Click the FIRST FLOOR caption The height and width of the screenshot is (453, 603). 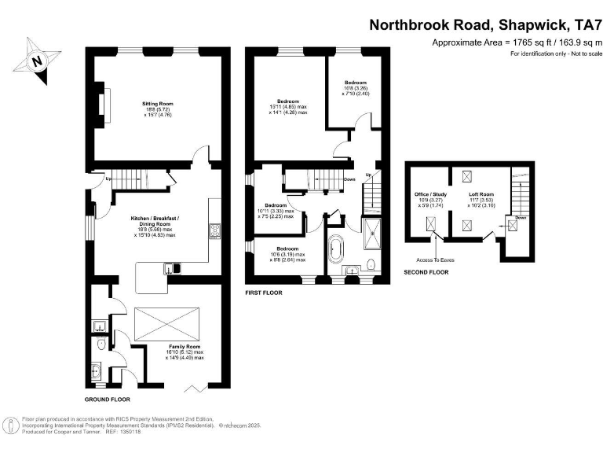[x=263, y=292]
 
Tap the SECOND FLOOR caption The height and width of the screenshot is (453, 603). [x=426, y=272]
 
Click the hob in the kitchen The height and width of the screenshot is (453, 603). [x=213, y=230]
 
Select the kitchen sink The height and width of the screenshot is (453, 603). [x=173, y=269]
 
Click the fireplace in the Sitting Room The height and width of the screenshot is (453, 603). [x=104, y=103]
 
